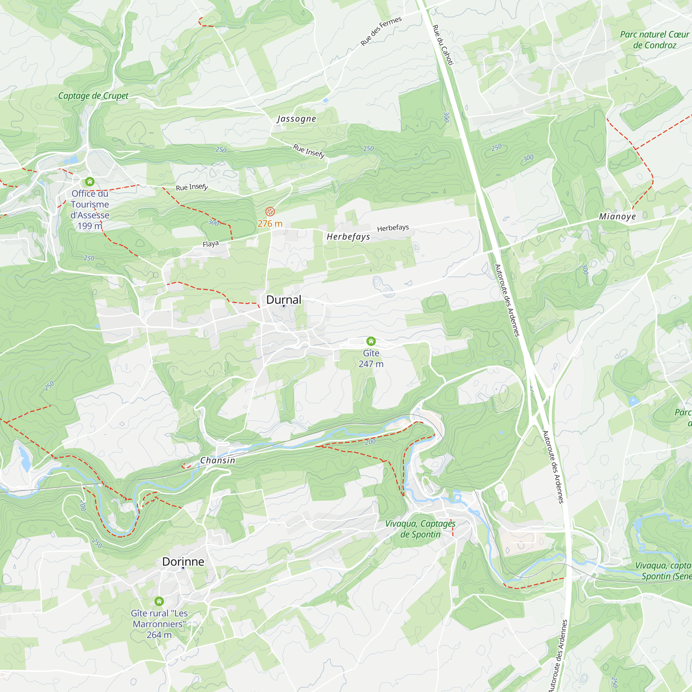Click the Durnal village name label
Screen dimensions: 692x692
click(x=284, y=300)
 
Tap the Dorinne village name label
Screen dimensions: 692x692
click(x=183, y=562)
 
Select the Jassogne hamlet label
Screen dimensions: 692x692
click(x=297, y=119)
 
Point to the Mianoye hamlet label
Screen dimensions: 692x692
click(x=618, y=216)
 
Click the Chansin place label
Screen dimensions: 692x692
click(x=217, y=461)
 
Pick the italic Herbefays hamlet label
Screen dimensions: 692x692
click(x=348, y=237)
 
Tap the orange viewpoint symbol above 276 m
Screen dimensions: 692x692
click(x=270, y=212)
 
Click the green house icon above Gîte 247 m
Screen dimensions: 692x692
click(x=371, y=341)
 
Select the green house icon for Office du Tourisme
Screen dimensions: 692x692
click(x=90, y=182)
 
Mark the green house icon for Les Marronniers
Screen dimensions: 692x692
click(x=159, y=601)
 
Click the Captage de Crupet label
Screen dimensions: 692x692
click(x=93, y=95)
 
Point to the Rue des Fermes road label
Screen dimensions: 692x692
click(x=381, y=31)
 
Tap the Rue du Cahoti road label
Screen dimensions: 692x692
click(x=443, y=45)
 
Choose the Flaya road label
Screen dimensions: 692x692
click(x=211, y=244)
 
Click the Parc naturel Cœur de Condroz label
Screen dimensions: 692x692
click(x=654, y=40)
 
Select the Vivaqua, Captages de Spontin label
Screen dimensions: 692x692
click(x=420, y=529)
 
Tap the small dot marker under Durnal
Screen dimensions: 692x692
click(x=284, y=306)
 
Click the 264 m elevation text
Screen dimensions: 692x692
click(x=159, y=635)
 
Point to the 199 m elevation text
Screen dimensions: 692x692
click(x=90, y=226)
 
